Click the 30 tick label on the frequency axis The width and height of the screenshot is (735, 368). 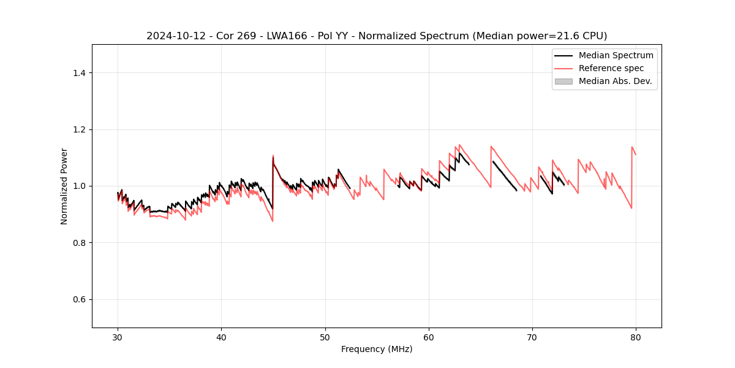[x=118, y=337]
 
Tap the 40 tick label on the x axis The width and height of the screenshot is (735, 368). [x=221, y=337]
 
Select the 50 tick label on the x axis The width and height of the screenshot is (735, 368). [x=325, y=337]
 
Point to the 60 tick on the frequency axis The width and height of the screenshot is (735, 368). [x=429, y=337]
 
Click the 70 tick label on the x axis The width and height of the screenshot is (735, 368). [x=532, y=337]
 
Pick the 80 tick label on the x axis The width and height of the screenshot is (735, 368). [x=636, y=337]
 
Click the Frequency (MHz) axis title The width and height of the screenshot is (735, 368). [x=377, y=349]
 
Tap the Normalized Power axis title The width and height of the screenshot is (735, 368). [x=64, y=186]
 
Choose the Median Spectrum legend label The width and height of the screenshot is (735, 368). [x=616, y=55]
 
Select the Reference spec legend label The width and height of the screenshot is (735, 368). [x=611, y=68]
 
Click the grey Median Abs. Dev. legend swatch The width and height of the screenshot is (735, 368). [x=563, y=81]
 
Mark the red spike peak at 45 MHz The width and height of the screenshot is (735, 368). [x=273, y=155]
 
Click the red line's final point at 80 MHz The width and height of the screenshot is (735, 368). [x=636, y=155]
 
